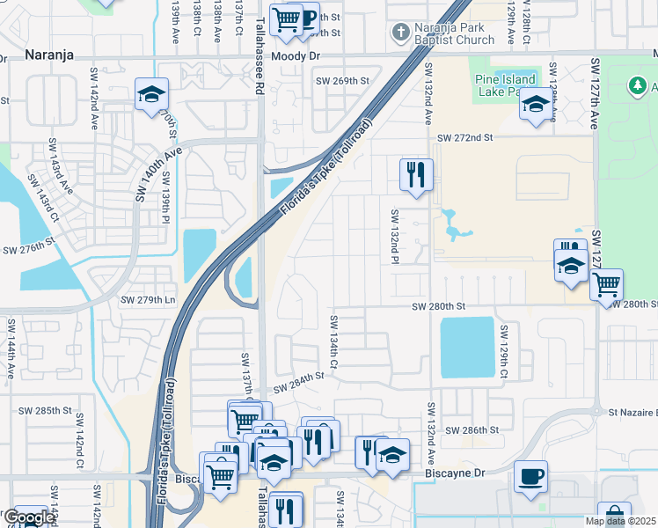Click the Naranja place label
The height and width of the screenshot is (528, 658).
(48, 55)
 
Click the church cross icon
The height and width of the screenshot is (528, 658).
(400, 33)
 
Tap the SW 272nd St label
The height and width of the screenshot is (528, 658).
(465, 138)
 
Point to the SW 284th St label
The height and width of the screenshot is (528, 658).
(298, 381)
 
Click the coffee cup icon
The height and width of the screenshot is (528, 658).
(530, 476)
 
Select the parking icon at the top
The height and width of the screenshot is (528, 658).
(308, 19)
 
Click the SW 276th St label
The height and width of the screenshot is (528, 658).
(29, 250)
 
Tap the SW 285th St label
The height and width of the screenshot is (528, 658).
(47, 410)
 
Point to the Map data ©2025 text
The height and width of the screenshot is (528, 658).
(619, 521)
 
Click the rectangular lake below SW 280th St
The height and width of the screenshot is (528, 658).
(466, 346)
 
